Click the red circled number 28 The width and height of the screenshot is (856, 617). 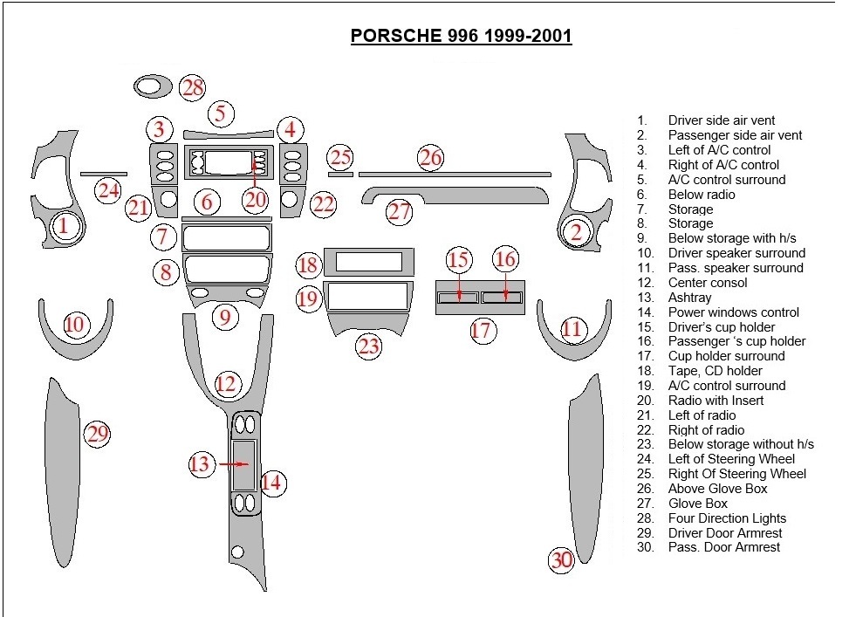click(x=193, y=87)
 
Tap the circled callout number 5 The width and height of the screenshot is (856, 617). click(x=221, y=113)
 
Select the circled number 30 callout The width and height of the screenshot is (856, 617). click(x=561, y=560)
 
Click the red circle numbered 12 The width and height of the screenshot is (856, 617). click(x=226, y=383)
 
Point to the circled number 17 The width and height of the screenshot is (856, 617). click(x=482, y=330)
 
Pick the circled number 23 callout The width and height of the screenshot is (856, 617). click(x=369, y=346)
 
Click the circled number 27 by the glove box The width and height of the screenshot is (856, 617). click(x=400, y=211)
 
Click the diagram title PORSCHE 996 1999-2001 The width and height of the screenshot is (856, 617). click(x=461, y=36)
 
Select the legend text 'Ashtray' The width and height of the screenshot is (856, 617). click(x=689, y=298)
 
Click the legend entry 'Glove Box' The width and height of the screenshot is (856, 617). click(x=697, y=504)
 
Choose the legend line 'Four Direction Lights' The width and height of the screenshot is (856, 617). click(x=727, y=518)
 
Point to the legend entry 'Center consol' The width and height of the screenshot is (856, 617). click(x=708, y=283)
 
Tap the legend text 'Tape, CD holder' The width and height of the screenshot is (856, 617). click(x=715, y=371)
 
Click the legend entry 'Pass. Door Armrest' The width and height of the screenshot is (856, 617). click(x=724, y=547)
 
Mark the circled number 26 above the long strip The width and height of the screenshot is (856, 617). click(x=430, y=158)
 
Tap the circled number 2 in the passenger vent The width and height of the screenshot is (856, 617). click(x=576, y=232)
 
